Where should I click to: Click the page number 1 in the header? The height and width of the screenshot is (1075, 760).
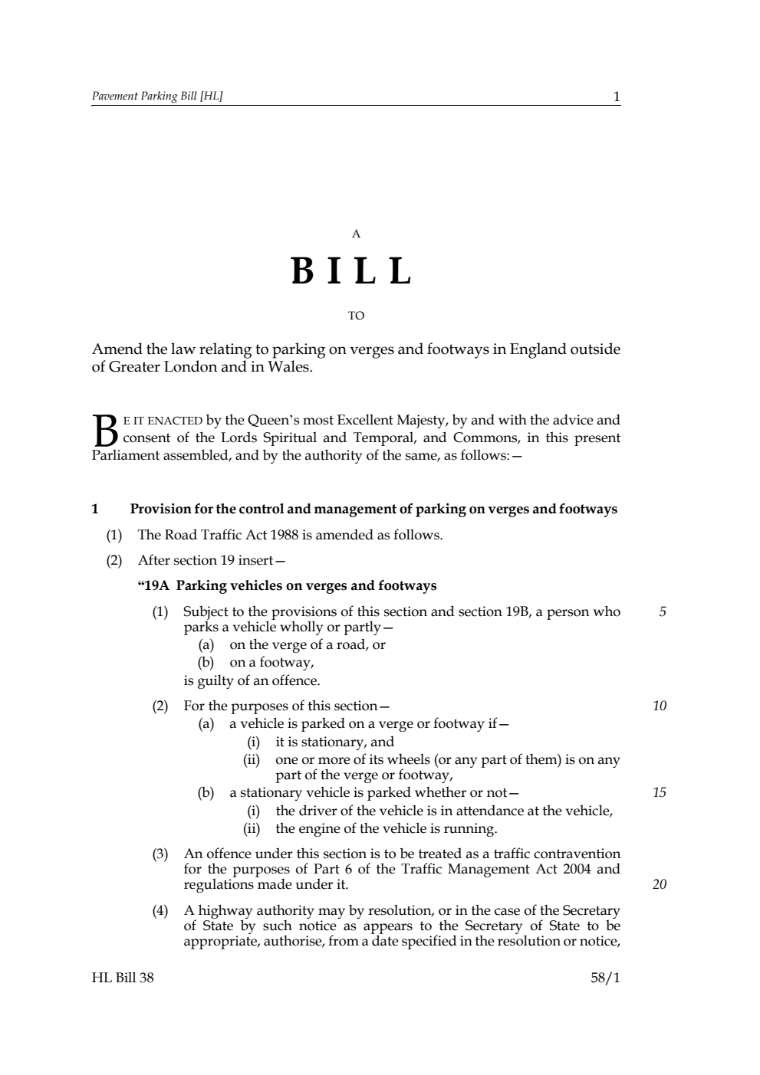pyautogui.click(x=616, y=97)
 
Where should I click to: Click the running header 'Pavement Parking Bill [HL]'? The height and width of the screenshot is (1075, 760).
pyautogui.click(x=157, y=97)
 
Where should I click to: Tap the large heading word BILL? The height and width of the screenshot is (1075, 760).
pyautogui.click(x=353, y=271)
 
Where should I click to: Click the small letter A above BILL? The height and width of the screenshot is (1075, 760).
pyautogui.click(x=356, y=234)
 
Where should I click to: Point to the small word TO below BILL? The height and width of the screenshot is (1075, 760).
pyautogui.click(x=356, y=316)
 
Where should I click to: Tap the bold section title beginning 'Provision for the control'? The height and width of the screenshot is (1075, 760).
pyautogui.click(x=373, y=510)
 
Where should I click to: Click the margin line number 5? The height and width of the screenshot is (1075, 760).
pyautogui.click(x=663, y=612)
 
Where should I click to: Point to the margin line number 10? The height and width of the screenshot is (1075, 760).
pyautogui.click(x=660, y=706)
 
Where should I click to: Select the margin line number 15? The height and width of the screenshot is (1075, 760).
pyautogui.click(x=660, y=793)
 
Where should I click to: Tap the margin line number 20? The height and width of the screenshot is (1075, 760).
pyautogui.click(x=660, y=885)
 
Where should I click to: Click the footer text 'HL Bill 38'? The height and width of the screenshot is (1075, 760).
pyautogui.click(x=123, y=978)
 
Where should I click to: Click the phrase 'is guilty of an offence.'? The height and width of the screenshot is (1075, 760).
pyautogui.click(x=252, y=680)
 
